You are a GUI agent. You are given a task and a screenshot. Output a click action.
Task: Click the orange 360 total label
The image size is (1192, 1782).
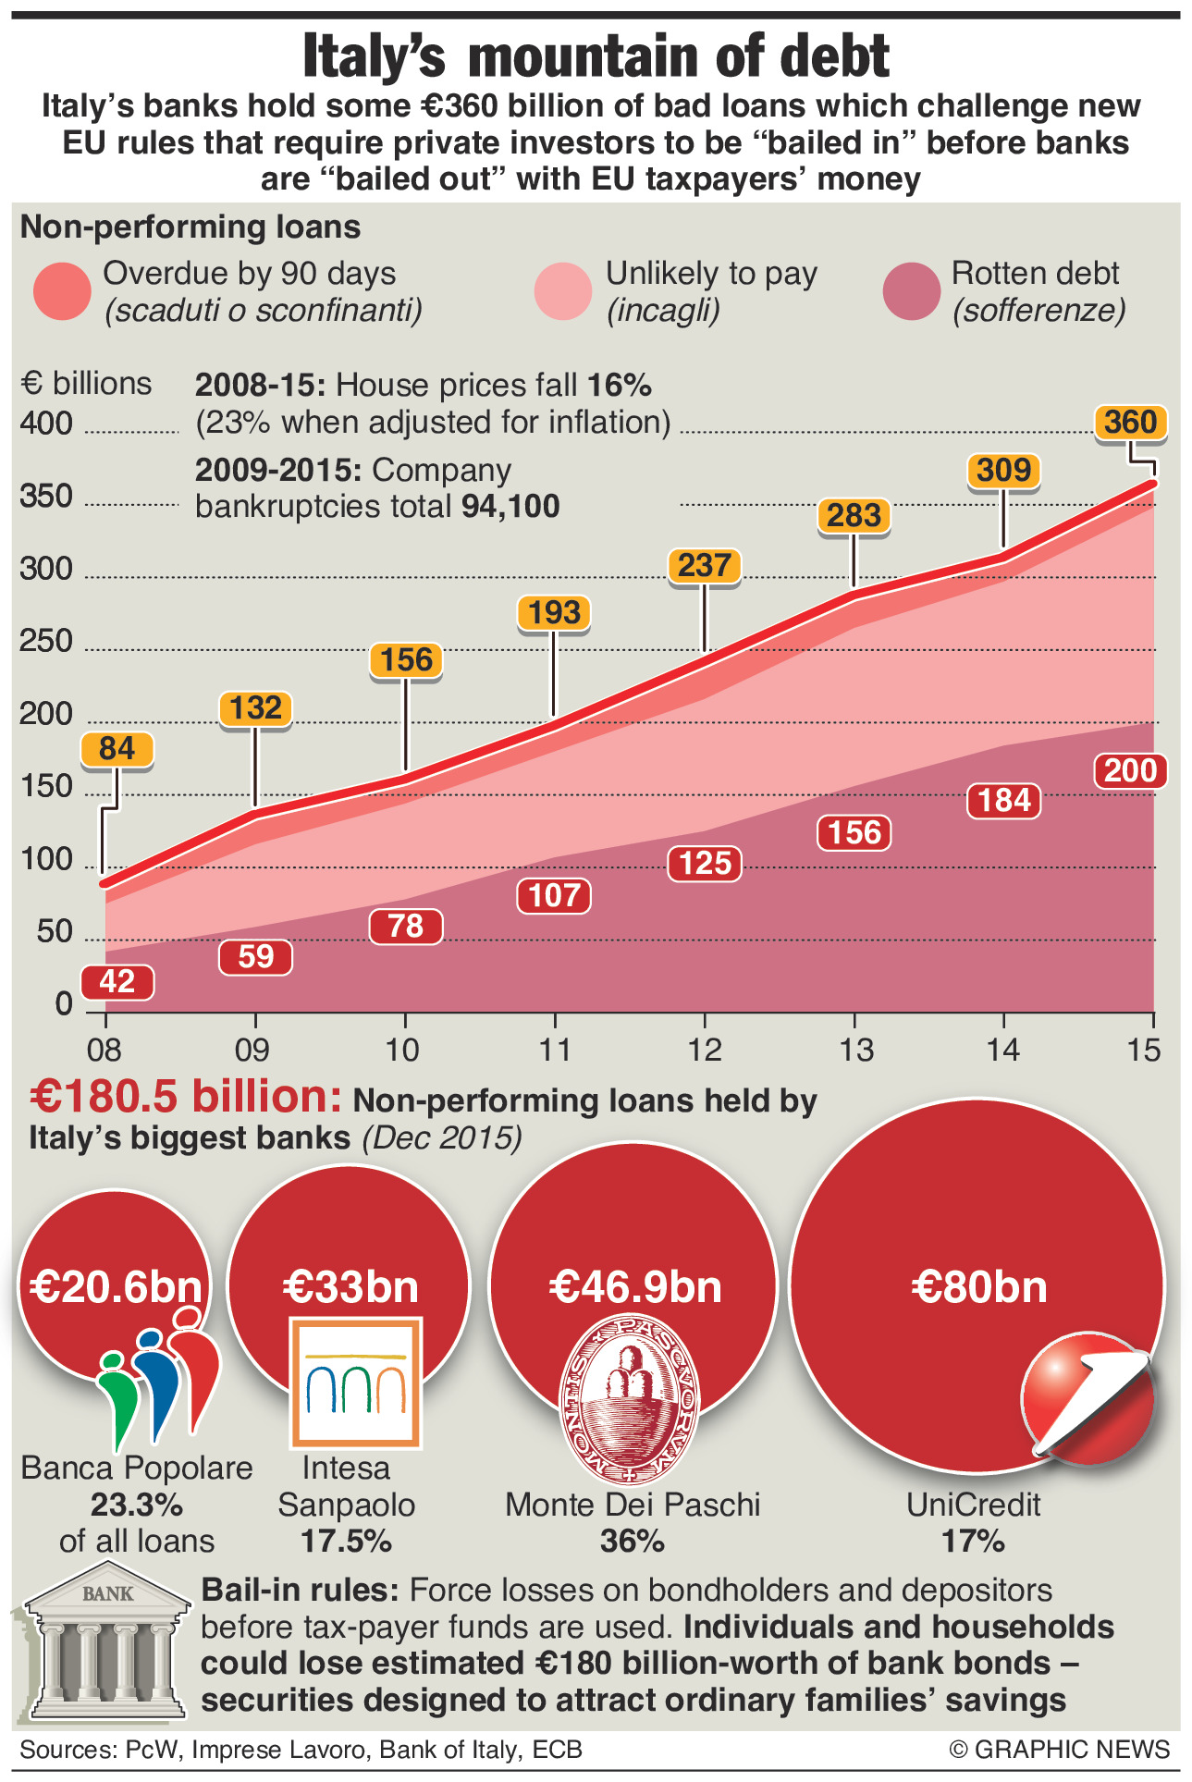[1130, 423]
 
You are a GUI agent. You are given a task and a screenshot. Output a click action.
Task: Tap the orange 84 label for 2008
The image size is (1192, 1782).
[117, 749]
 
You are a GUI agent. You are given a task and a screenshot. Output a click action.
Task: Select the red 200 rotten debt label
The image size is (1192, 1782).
[1130, 770]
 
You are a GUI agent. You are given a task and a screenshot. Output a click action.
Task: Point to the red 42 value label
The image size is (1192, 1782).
[117, 981]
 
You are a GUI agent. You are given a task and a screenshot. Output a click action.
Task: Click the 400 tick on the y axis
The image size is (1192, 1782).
[46, 424]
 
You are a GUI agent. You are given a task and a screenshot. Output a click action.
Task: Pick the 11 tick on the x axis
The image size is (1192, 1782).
[555, 1051]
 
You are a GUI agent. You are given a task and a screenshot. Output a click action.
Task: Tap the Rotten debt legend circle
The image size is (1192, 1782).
[911, 291]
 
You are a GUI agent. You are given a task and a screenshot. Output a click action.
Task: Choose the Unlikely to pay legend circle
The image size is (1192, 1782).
[562, 291]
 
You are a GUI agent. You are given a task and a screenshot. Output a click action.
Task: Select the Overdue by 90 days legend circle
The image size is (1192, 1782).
[62, 291]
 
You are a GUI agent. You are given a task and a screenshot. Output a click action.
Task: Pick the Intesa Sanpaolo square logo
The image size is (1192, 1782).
[356, 1383]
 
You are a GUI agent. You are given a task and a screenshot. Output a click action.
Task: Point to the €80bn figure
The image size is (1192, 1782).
[978, 1287]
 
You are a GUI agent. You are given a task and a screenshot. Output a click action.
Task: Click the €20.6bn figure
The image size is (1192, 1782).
[116, 1287]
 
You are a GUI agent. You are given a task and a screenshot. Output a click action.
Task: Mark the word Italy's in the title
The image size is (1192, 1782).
[374, 57]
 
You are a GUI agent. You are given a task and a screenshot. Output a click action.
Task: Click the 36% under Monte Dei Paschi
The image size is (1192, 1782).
[633, 1541]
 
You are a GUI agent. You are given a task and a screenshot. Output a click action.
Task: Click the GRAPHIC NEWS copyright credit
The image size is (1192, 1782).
[1060, 1750]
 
